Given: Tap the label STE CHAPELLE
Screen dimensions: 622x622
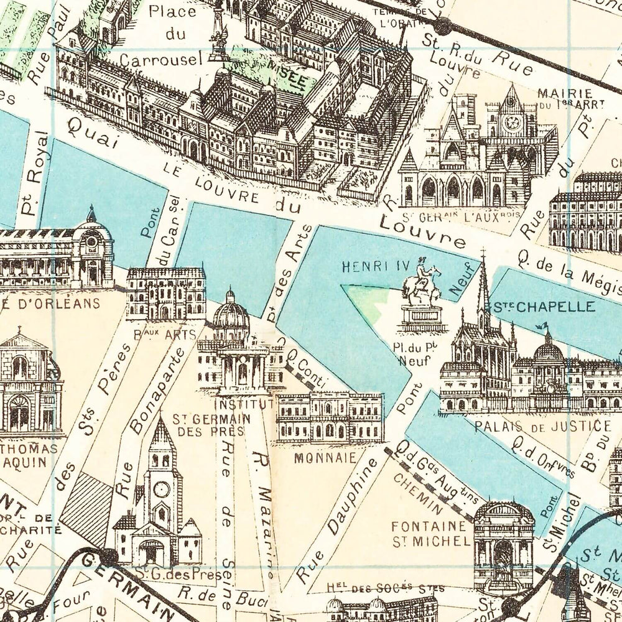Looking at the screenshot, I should point(544,306).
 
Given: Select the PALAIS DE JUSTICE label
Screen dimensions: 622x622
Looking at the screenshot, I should point(542,426).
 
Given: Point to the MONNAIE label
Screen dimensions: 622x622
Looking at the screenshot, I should point(326,457).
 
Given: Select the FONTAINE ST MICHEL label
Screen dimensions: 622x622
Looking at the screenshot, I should point(430,534).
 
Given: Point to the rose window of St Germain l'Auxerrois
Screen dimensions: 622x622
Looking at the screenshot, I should point(514,123).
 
